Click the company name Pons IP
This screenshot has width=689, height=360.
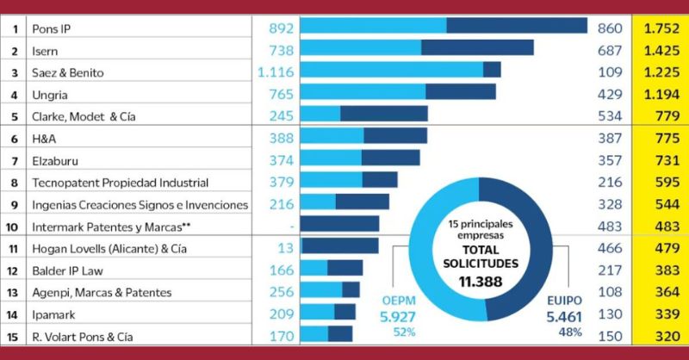tap(52, 28)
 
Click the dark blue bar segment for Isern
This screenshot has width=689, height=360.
tap(477, 51)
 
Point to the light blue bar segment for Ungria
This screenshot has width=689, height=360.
tap(363, 94)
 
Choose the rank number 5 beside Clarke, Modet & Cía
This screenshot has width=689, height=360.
tap(15, 116)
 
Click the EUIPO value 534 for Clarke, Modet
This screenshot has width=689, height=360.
tap(610, 116)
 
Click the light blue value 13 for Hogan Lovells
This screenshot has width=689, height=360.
tap(287, 248)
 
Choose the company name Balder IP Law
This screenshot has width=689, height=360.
tap(67, 270)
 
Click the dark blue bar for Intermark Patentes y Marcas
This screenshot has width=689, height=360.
tap(339, 226)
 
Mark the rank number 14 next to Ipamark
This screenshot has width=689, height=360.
tap(15, 314)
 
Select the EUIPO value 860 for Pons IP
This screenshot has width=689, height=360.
tap(610, 28)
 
